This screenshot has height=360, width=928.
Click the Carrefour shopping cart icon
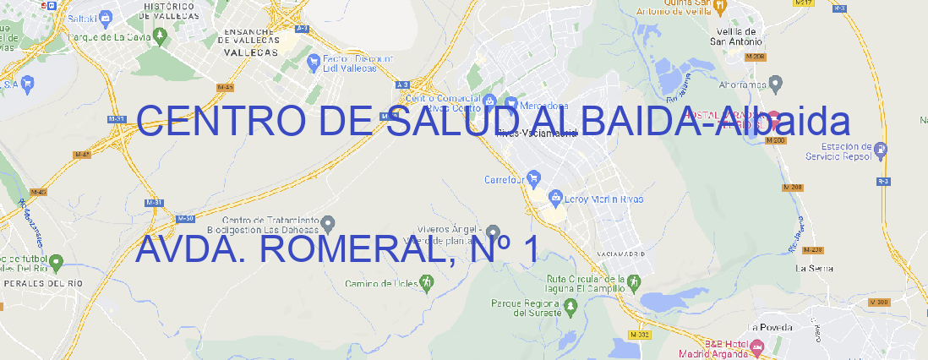pos(535,178)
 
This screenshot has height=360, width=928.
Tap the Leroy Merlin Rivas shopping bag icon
pos(555,199)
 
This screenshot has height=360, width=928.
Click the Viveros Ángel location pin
pos(494,232)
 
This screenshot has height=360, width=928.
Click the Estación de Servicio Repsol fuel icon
pos(882,150)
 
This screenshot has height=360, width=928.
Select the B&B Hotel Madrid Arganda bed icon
pos(757,346)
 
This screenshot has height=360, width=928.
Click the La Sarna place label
pos(815,268)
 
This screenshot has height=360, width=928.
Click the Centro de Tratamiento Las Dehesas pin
pos(330,223)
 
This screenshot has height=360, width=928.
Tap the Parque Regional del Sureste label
pos(526,308)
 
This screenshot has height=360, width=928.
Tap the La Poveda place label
pos(770,327)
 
